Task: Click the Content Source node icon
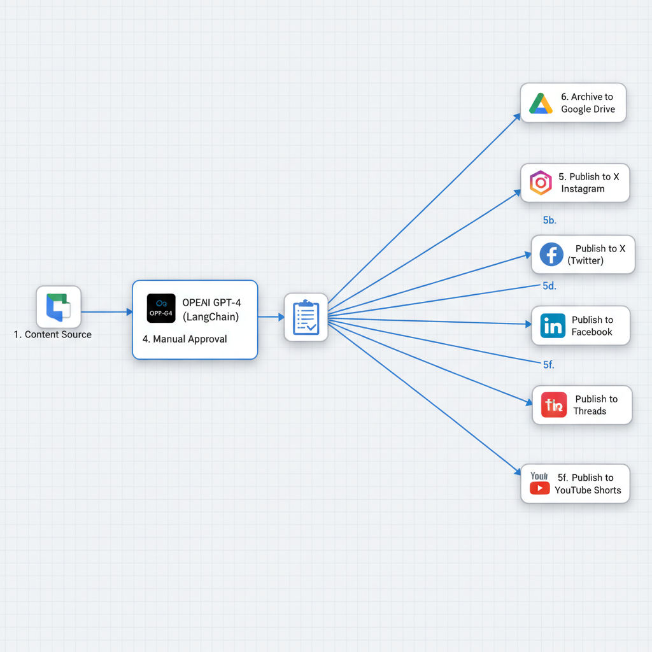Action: (59, 307)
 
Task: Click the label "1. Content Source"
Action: (53, 334)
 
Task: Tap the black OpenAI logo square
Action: (160, 308)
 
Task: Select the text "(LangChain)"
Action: (211, 316)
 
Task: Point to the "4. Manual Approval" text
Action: (185, 339)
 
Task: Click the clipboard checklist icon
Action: (306, 317)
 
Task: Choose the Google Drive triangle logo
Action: (541, 103)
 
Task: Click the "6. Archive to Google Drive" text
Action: (587, 103)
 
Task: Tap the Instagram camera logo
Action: (541, 183)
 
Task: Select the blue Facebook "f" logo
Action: (551, 255)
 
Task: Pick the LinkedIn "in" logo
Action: (553, 326)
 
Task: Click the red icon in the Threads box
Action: (554, 405)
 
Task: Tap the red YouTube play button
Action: (539, 488)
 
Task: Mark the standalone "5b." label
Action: (549, 220)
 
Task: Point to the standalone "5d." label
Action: (549, 286)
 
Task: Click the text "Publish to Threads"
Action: (595, 405)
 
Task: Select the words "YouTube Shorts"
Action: (587, 490)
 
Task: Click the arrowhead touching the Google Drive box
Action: (517, 117)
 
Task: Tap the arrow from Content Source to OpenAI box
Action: (106, 312)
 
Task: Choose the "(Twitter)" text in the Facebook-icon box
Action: (585, 261)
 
